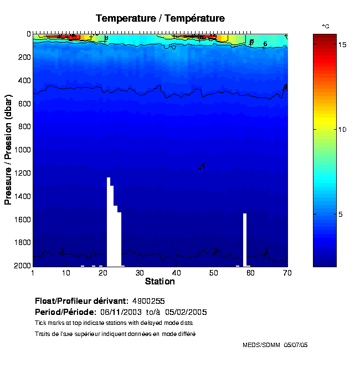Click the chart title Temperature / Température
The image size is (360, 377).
click(160, 18)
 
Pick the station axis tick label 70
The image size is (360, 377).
click(286, 273)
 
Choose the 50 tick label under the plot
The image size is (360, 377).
click(213, 273)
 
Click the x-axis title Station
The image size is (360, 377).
click(160, 282)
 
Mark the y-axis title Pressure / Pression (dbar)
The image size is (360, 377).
click(8, 150)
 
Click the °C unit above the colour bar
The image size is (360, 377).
click(326, 26)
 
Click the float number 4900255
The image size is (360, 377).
click(150, 301)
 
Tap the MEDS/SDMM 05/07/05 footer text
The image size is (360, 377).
click(275, 345)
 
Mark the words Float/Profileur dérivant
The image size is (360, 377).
click(81, 301)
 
